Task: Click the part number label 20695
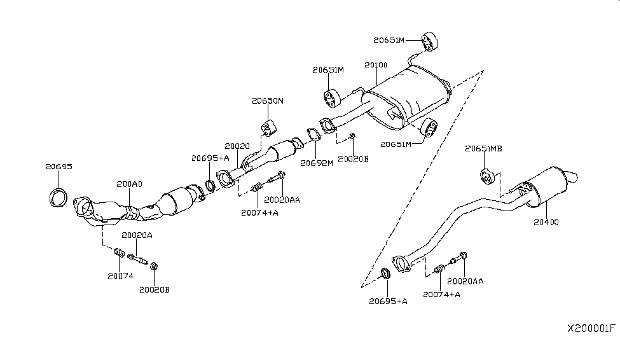(x=59, y=167)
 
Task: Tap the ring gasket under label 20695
(x=59, y=197)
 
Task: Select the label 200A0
(x=130, y=184)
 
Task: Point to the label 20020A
(x=137, y=235)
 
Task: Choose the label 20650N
(x=267, y=101)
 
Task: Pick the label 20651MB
(x=483, y=148)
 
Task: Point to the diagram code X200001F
(x=591, y=329)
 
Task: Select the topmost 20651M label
(x=389, y=40)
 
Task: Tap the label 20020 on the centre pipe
(x=237, y=146)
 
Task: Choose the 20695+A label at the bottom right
(x=389, y=300)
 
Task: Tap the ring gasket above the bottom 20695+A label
(x=386, y=275)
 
